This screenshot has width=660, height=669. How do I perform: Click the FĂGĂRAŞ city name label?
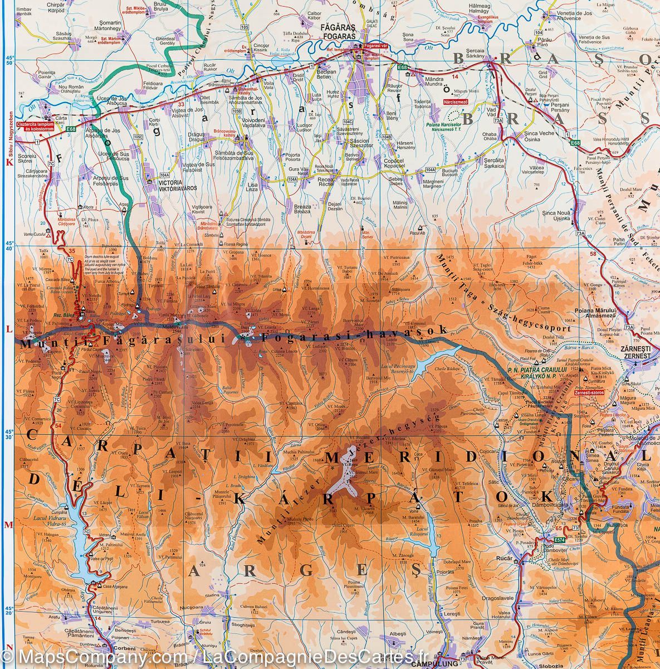[349, 26]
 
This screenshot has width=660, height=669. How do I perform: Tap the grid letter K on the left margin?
[8, 162]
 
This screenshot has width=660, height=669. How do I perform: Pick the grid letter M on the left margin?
[8, 525]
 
